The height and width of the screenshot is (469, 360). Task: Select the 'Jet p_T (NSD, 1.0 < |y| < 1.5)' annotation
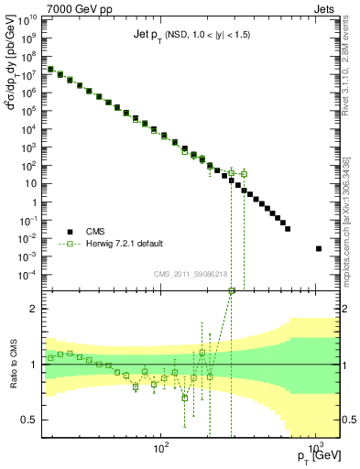click(x=190, y=34)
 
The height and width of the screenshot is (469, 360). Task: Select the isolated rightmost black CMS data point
click(x=319, y=248)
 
